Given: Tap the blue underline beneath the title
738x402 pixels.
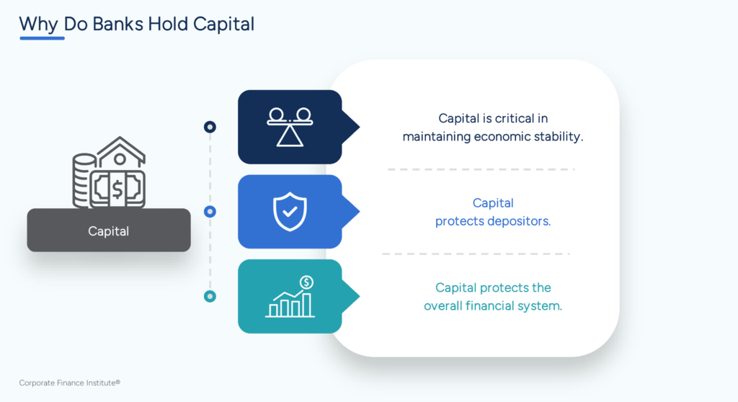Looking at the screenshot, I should point(42,37).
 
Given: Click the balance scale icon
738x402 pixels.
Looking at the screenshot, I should point(290,126).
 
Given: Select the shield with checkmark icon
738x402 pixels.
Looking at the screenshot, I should point(290,212).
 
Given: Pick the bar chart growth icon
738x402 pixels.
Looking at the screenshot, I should point(290,303).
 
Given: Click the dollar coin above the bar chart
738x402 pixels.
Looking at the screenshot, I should point(307,282).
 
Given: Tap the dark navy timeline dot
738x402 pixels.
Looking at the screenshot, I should point(210,127).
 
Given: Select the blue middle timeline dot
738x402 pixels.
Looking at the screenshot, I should point(210,212).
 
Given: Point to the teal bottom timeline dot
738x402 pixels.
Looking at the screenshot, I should point(210,296).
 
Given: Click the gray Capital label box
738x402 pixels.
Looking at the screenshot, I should point(109,231).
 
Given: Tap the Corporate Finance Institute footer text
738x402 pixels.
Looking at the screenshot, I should point(69,383).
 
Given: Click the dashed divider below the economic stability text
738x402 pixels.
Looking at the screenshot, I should point(481,169).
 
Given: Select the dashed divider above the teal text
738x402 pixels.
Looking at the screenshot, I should point(476,254).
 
